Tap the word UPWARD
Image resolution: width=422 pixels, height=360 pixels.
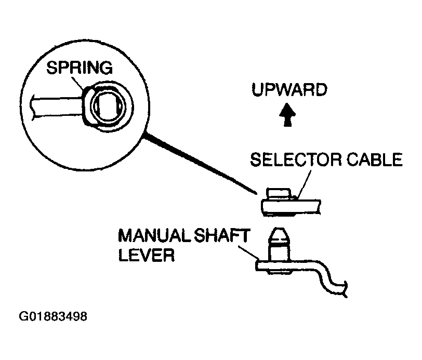tap(289, 90)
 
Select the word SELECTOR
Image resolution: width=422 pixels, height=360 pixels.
tap(290, 159)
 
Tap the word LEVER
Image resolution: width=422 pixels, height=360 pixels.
tap(146, 256)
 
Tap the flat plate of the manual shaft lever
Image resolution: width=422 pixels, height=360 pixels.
tap(291, 266)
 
